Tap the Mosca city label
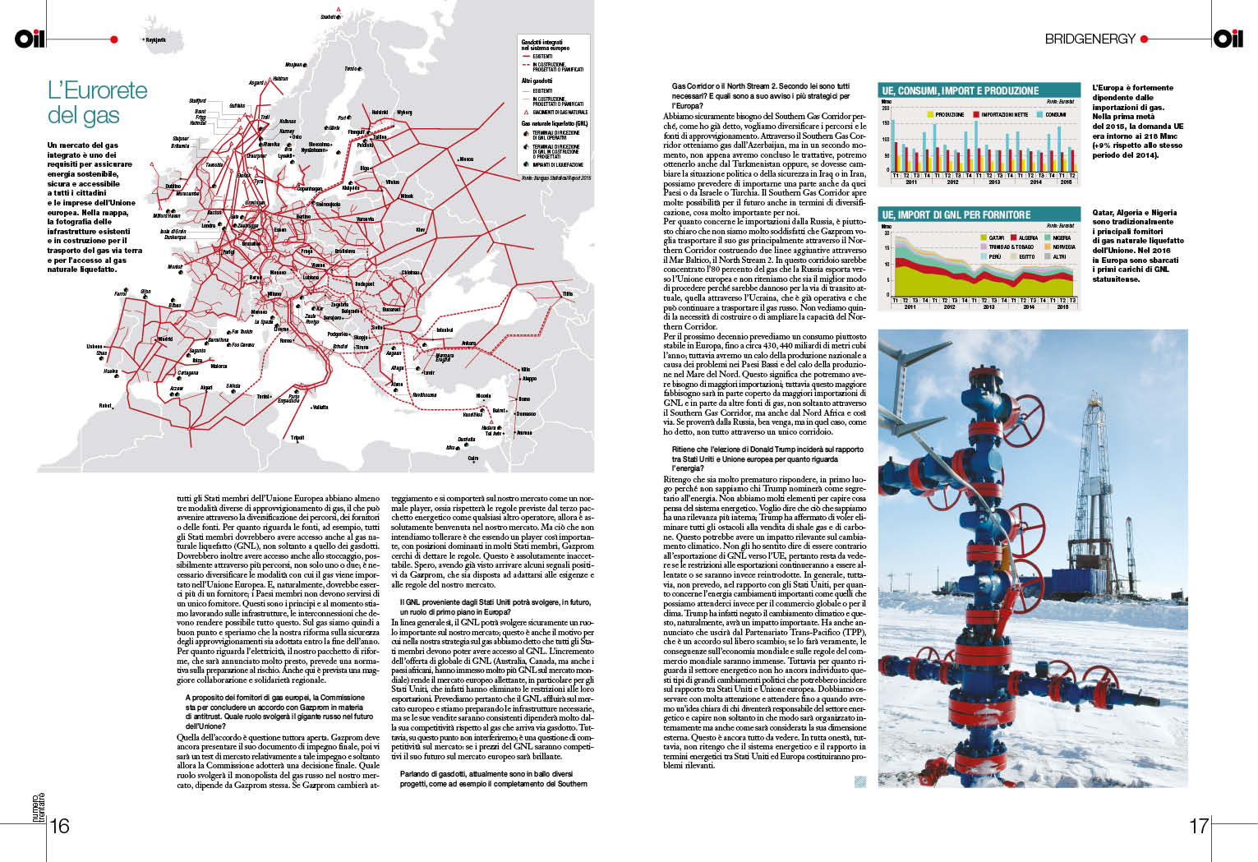(x=466, y=159)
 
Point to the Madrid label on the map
(x=166, y=339)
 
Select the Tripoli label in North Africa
(x=297, y=438)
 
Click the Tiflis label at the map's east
(x=567, y=294)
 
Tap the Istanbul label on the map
(x=445, y=330)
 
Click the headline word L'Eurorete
(x=98, y=90)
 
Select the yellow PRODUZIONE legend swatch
(x=930, y=115)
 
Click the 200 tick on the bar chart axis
(x=886, y=108)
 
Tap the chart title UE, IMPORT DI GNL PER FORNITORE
(x=956, y=214)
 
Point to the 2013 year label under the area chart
(x=988, y=307)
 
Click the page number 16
(x=60, y=826)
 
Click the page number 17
(x=1199, y=826)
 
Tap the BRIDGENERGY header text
(x=1090, y=39)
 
